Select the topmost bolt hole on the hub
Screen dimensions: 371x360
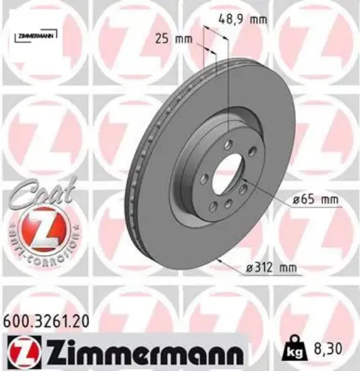pyautogui.click(x=229, y=142)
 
